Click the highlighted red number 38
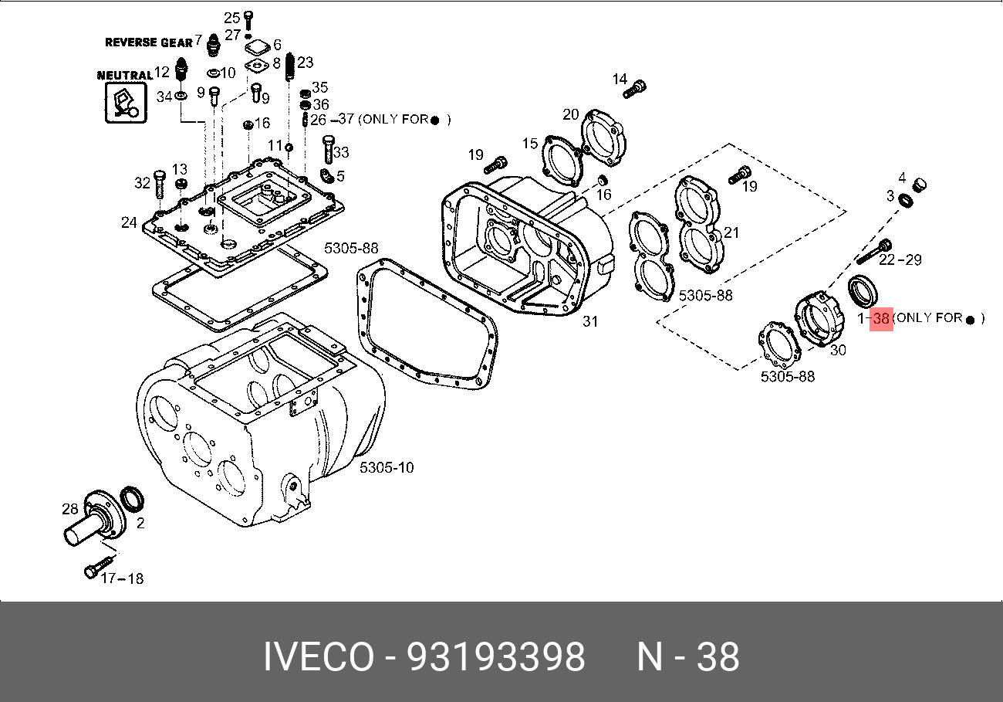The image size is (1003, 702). [881, 318]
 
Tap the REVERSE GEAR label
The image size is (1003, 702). [148, 42]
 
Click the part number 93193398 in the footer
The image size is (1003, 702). [495, 658]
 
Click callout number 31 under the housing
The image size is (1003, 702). [590, 321]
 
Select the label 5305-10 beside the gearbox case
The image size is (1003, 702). [387, 467]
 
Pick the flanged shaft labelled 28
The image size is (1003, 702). [93, 525]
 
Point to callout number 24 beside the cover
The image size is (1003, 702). [129, 223]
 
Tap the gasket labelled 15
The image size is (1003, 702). [563, 161]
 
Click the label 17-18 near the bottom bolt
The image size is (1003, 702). [122, 578]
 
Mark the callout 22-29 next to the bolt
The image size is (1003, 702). [900, 260]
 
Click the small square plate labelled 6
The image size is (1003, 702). [256, 48]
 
